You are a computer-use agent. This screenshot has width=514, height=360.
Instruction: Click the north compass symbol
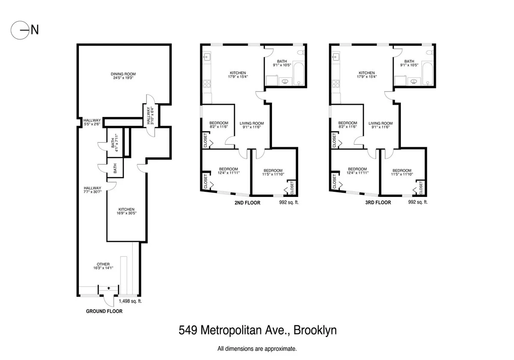coord(20,30)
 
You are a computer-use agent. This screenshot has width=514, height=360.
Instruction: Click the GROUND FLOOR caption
coord(105,311)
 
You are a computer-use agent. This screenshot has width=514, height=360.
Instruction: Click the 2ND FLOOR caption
coord(247,202)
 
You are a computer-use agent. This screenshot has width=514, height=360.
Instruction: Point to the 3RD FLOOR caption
coord(378,202)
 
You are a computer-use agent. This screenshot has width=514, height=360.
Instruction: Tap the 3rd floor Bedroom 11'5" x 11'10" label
coord(402,172)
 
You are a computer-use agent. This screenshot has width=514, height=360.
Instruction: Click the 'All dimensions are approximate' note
coord(257,349)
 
